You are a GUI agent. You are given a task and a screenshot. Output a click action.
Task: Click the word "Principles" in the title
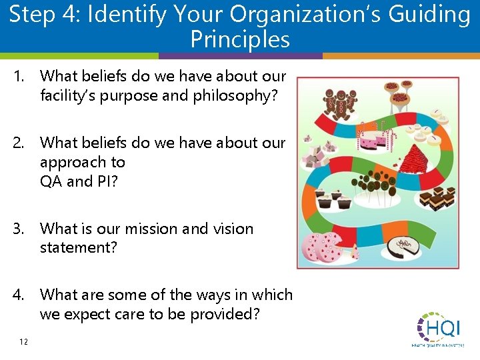click(240, 40)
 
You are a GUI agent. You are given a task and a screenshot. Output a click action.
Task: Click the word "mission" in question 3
click(147, 229)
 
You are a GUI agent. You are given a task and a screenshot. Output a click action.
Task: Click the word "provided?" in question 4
click(229, 314)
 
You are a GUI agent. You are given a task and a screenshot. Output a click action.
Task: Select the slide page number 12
click(23, 342)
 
